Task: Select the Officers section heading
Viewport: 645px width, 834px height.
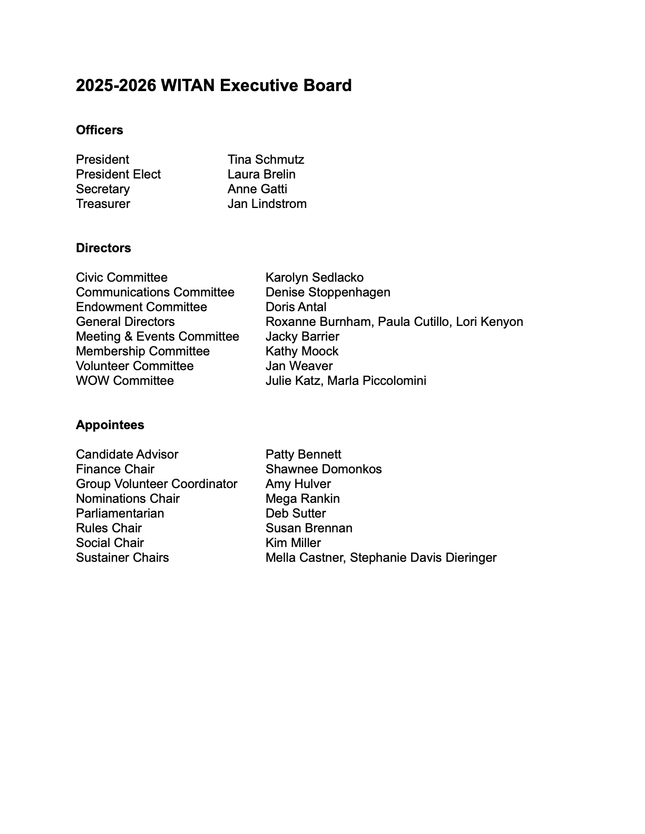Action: tap(100, 130)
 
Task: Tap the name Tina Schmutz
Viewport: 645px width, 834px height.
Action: tap(266, 160)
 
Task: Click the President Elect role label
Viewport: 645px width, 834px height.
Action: tap(118, 174)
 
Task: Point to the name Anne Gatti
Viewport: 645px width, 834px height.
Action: tap(257, 189)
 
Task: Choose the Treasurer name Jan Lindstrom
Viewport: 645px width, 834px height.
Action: tap(267, 204)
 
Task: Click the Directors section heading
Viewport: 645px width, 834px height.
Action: tap(103, 248)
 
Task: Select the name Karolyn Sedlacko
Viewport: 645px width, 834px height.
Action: tap(314, 277)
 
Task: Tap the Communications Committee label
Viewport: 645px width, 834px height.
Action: tap(155, 292)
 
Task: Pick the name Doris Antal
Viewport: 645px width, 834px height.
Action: tap(296, 307)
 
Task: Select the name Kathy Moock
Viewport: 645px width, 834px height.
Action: tap(301, 351)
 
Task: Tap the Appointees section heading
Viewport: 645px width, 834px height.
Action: tap(110, 425)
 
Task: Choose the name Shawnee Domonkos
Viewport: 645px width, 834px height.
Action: tap(324, 469)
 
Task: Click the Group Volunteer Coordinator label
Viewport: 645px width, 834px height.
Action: tap(157, 484)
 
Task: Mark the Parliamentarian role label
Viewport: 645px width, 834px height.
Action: tap(120, 513)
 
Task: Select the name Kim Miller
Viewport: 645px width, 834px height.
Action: tap(293, 543)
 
